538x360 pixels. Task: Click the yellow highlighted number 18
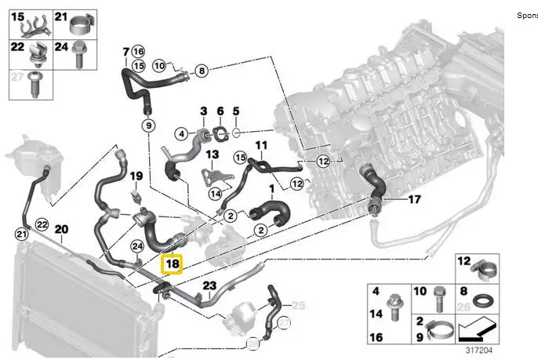pos(172,264)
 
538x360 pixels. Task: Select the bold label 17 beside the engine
pos(414,199)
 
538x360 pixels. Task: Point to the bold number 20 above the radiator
pos(62,229)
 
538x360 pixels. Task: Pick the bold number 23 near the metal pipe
pos(209,285)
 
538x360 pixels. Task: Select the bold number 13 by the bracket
pos(211,155)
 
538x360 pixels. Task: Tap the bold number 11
pos(261,145)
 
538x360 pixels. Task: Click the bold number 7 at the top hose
pos(125,53)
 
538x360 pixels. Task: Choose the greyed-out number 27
pos(16,76)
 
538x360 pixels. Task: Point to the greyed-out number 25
pos(297,305)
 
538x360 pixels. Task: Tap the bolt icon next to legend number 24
pos(79,52)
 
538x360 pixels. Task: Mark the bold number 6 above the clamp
pos(220,111)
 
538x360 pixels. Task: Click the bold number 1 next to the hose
pos(271,189)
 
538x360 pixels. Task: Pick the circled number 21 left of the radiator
pos(21,233)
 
